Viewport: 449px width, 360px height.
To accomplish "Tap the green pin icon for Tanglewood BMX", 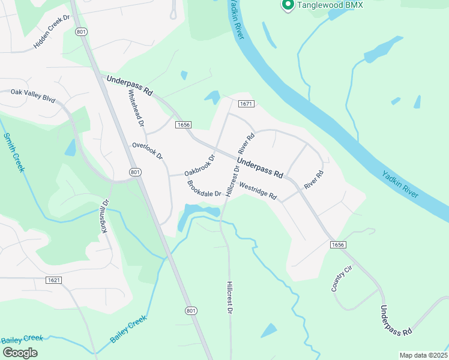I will click(x=287, y=5).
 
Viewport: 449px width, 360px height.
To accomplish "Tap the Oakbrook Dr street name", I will click(x=200, y=166).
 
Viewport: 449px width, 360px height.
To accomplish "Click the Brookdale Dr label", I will click(x=205, y=188).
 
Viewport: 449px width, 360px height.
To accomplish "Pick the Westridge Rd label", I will click(x=258, y=191).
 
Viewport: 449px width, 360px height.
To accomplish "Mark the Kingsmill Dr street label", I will click(x=105, y=216).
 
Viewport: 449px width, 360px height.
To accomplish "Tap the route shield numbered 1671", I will click(x=246, y=104).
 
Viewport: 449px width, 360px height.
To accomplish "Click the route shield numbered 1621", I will click(x=53, y=280).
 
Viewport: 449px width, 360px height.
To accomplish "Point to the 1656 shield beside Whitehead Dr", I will click(x=184, y=125).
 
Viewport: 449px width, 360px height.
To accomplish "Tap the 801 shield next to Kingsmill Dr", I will click(x=135, y=172).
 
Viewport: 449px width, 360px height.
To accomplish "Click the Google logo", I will click(x=20, y=352).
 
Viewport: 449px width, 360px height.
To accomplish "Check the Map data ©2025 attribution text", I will click(x=423, y=355).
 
